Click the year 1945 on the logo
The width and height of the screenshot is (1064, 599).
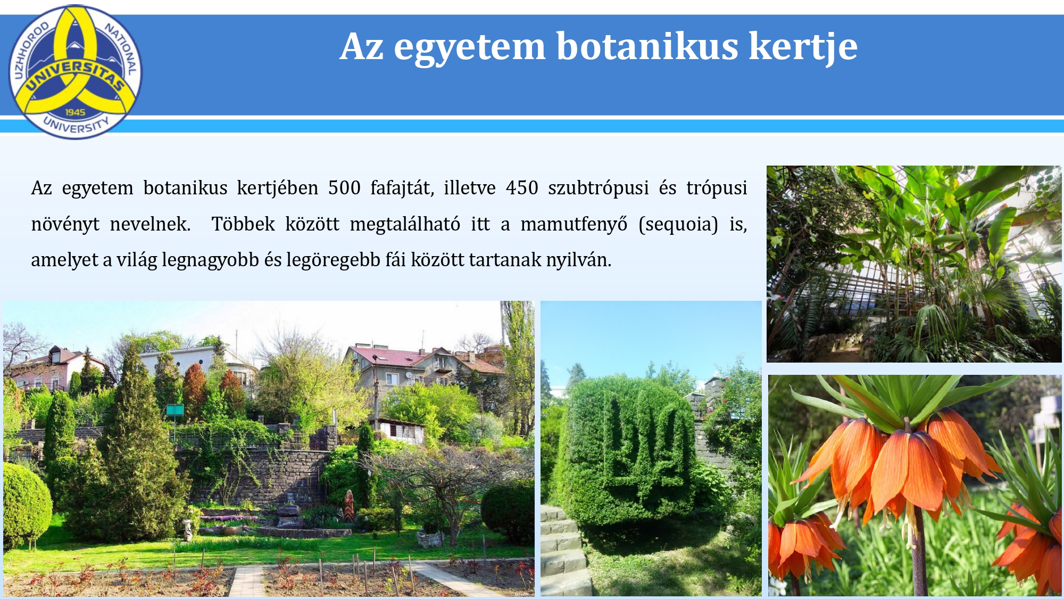tap(76, 112)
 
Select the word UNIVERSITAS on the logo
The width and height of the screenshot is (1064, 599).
tap(76, 75)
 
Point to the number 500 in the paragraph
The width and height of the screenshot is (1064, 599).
tap(344, 188)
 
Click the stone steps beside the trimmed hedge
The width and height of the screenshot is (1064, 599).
tap(562, 551)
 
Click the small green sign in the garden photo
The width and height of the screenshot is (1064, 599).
tap(175, 410)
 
